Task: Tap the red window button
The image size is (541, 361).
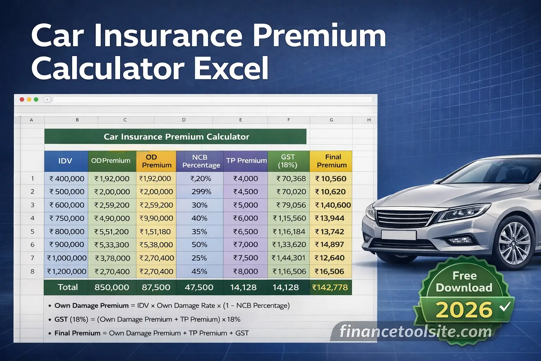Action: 22,99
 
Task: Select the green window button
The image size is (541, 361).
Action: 36,99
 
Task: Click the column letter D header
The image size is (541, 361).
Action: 184,120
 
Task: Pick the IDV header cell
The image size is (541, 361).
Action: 66,161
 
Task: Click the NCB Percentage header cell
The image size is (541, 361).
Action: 200,161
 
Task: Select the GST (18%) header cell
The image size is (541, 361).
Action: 288,161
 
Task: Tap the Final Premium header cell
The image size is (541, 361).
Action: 331,161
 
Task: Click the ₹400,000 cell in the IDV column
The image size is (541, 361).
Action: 67,179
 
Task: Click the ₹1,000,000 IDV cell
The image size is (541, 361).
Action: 67,258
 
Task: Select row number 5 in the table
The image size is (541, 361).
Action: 32,232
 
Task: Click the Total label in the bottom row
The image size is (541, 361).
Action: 68,287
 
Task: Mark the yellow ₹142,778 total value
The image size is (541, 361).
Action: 330,287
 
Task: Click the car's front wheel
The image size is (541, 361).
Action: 514,244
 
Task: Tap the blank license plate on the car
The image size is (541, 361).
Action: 398,235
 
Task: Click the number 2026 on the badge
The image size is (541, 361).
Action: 464,310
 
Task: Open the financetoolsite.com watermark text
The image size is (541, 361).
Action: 416,332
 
